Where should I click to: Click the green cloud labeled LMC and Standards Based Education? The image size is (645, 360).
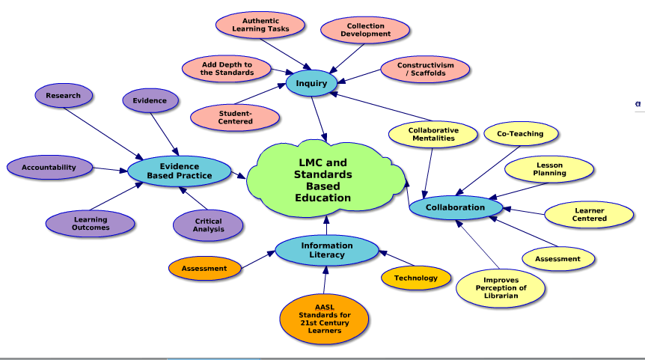coord(322,180)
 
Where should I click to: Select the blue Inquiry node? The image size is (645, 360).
coord(311,83)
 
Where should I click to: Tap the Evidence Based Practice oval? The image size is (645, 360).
coord(179,171)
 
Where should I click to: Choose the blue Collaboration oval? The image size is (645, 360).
coord(455,207)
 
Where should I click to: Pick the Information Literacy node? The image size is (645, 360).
coord(327,250)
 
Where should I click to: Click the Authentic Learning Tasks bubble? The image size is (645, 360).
coord(260,25)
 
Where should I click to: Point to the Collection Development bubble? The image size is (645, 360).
coord(366,30)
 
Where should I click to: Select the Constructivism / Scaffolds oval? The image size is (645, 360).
coord(425,70)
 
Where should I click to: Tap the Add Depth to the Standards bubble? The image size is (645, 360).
coord(227,68)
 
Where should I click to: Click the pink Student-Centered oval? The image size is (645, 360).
coord(235,117)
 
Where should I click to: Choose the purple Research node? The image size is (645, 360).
coord(64,96)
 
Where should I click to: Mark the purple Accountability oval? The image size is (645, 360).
coord(49,168)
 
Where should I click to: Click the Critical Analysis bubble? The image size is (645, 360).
coord(208,225)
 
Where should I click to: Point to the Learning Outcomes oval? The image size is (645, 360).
coord(91,223)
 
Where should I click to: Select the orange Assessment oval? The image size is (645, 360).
coord(204,268)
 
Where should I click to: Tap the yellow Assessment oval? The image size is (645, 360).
coord(557,259)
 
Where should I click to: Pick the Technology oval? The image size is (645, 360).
coord(416,278)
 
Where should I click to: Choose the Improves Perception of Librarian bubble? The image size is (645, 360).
coord(501,288)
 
